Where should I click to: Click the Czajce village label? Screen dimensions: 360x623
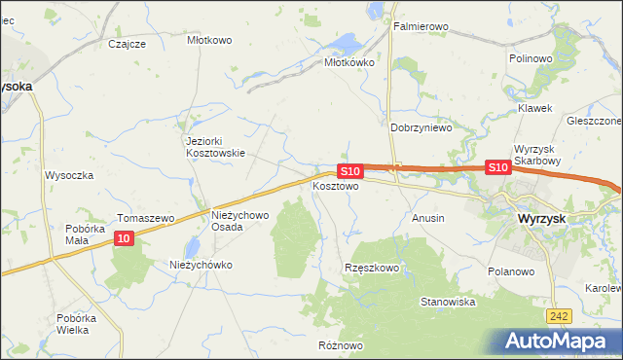coord(128,44)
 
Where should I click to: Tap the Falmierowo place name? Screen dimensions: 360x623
coord(420,26)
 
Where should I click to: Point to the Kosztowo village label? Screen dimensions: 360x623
coord(336,185)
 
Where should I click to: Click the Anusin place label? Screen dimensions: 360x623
coord(428,218)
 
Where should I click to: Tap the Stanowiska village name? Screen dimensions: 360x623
coord(447,303)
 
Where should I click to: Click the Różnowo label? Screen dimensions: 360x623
coord(341,345)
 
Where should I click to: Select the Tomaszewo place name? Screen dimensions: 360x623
coord(144,218)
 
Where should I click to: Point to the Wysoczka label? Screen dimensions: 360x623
coord(68,176)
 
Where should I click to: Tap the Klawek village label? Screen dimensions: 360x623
coord(534,108)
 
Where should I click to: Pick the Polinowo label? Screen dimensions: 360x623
coord(531,58)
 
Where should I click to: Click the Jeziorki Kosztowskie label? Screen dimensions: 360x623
coord(215,146)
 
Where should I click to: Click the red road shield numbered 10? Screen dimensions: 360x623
coord(123,238)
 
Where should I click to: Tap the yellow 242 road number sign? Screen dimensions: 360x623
coord(558,317)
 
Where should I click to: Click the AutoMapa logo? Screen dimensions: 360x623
coord(560,341)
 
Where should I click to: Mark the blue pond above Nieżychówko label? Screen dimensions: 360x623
coord(194,247)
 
